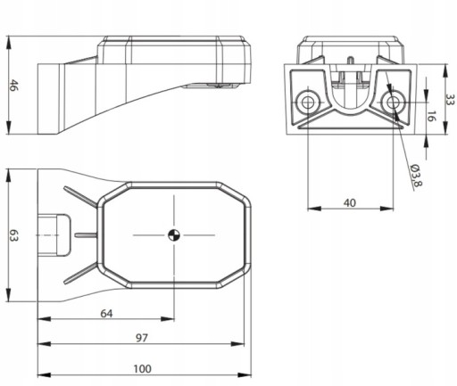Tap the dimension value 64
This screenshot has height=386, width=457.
[106, 314]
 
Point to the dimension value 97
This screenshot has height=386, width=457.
[142, 338]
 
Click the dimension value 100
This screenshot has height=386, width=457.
[142, 369]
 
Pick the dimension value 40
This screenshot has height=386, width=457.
[350, 203]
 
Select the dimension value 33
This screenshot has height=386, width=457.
[451, 100]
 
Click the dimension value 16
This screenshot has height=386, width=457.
[431, 116]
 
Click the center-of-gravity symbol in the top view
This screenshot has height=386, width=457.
[174, 235]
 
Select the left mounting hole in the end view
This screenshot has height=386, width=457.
[308, 103]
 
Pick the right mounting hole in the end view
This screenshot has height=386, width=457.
[393, 103]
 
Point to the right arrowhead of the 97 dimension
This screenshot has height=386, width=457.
[237, 344]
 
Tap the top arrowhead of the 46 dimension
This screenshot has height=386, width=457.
[9, 43]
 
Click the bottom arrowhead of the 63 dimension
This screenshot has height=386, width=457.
[9, 295]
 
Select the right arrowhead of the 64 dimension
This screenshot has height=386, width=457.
[167, 319]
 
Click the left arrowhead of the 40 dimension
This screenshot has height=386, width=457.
[314, 209]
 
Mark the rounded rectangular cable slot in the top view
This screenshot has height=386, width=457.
[54, 235]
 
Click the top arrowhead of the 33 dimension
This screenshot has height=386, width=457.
[445, 71]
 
